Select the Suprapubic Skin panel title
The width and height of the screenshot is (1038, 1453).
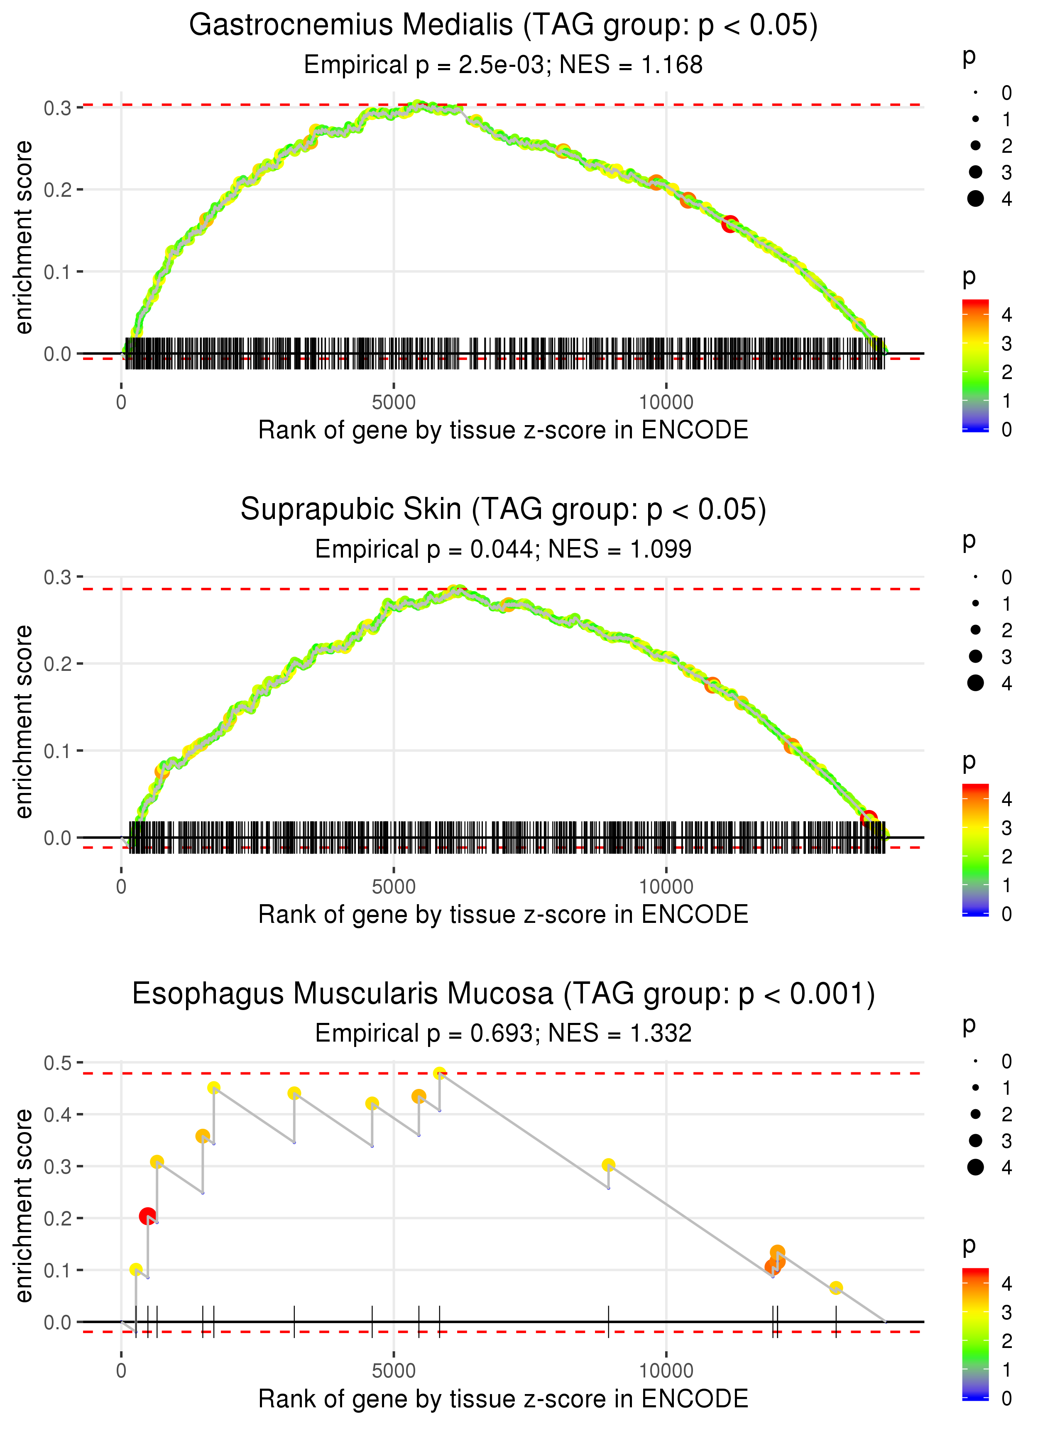(503, 510)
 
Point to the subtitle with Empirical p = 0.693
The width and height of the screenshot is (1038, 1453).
(503, 1034)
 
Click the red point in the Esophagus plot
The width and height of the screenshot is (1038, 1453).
(148, 1216)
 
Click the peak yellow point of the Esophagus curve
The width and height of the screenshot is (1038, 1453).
(439, 1074)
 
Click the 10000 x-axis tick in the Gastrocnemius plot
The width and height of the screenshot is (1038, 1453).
(666, 403)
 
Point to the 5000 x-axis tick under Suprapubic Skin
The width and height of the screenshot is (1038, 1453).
(394, 887)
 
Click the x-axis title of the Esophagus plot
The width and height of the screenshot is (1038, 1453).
(503, 1399)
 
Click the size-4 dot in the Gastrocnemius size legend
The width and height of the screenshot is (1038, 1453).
(975, 199)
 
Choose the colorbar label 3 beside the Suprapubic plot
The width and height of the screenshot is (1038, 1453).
(1006, 828)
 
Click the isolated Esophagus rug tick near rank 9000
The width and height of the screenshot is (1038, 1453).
(609, 1321)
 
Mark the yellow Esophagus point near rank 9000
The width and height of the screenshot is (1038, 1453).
(609, 1165)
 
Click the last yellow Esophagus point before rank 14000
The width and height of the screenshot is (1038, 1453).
(836, 1288)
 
